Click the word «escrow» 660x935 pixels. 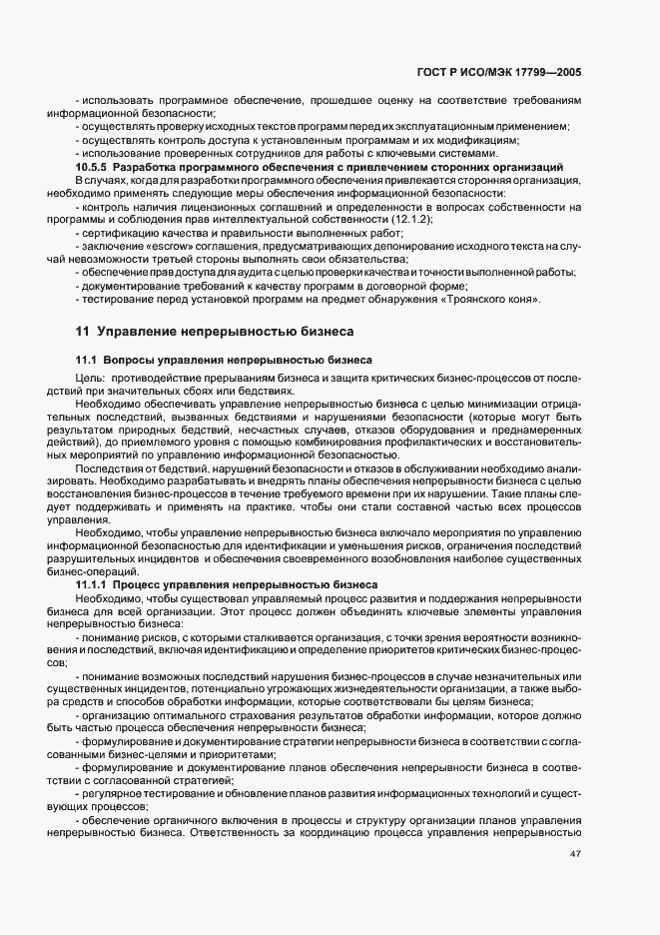[x=151, y=246]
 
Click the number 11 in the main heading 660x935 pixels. [x=82, y=331]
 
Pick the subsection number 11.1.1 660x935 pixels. [x=93, y=583]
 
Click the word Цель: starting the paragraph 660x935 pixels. [x=91, y=377]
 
